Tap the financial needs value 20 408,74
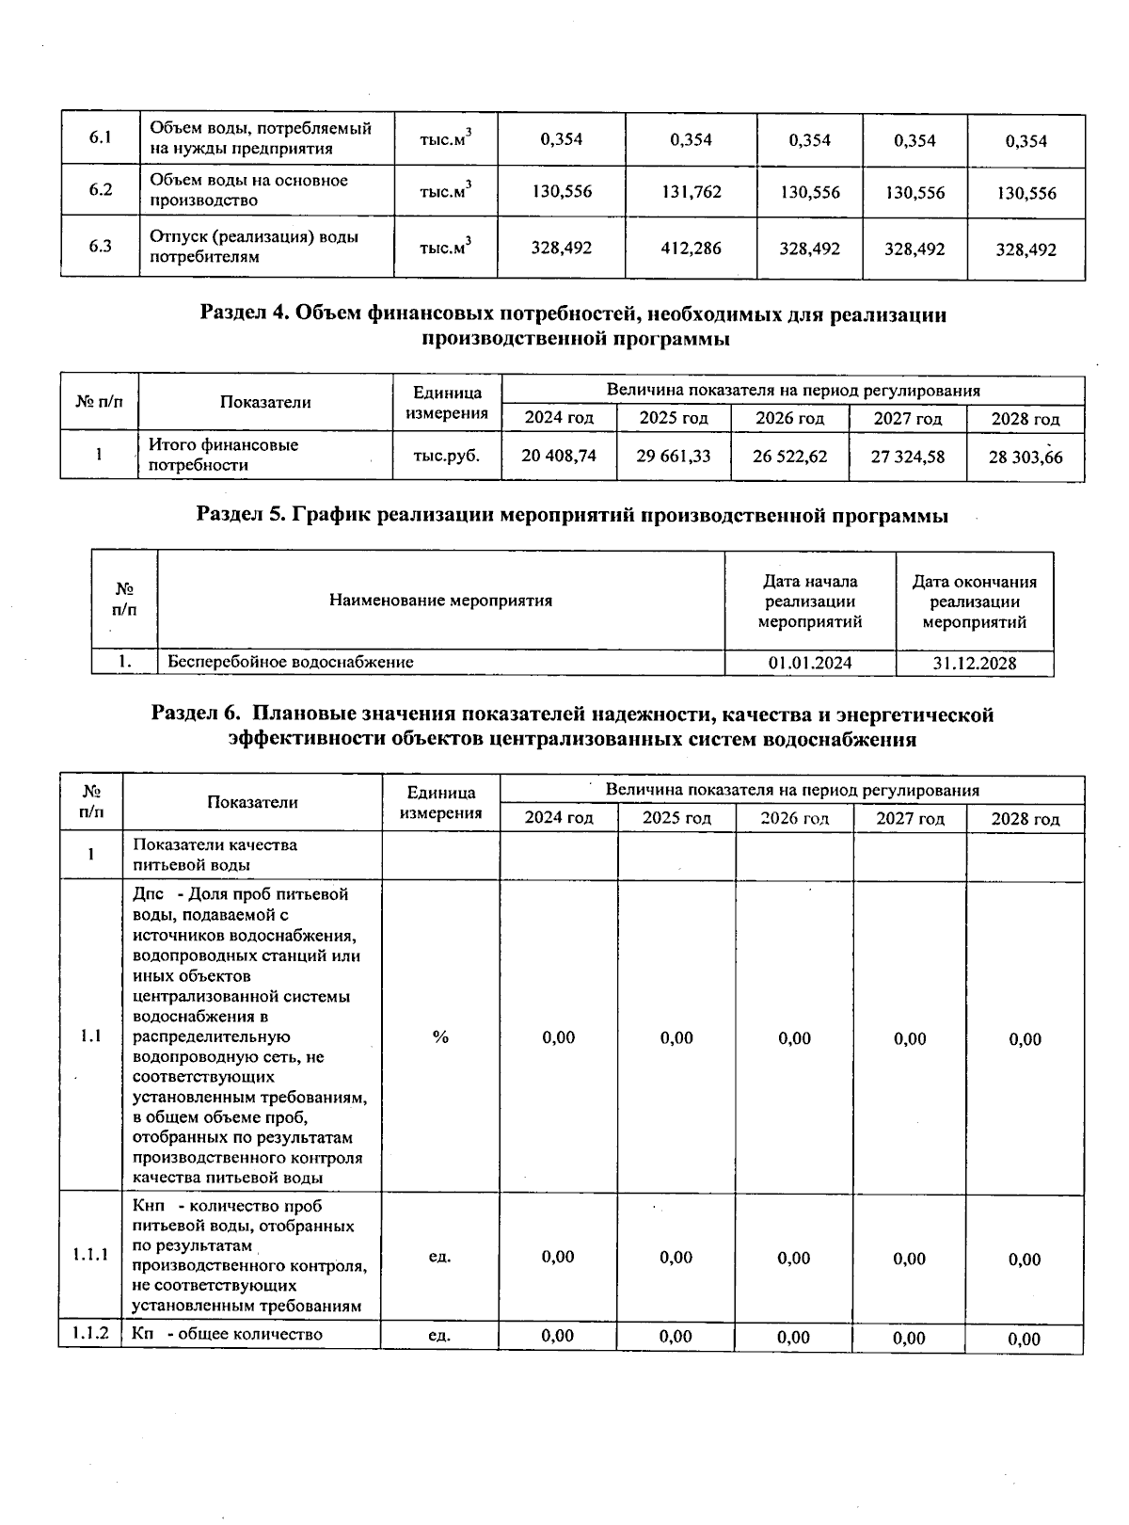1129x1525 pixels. click(559, 457)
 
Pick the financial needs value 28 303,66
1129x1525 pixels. click(1025, 457)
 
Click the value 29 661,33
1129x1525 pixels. click(674, 457)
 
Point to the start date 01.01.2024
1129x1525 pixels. click(810, 663)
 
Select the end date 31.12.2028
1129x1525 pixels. click(974, 663)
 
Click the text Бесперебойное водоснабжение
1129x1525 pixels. click(291, 662)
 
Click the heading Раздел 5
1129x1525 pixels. click(572, 515)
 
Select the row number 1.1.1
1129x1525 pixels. click(90, 1255)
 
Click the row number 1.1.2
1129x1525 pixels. click(90, 1334)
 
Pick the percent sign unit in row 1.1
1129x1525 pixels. click(440, 1036)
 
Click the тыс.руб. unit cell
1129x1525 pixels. click(446, 456)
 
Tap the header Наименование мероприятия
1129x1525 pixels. click(440, 601)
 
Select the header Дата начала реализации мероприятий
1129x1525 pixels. click(810, 601)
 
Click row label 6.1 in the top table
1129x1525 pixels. click(101, 138)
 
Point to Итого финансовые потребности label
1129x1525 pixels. click(224, 455)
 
